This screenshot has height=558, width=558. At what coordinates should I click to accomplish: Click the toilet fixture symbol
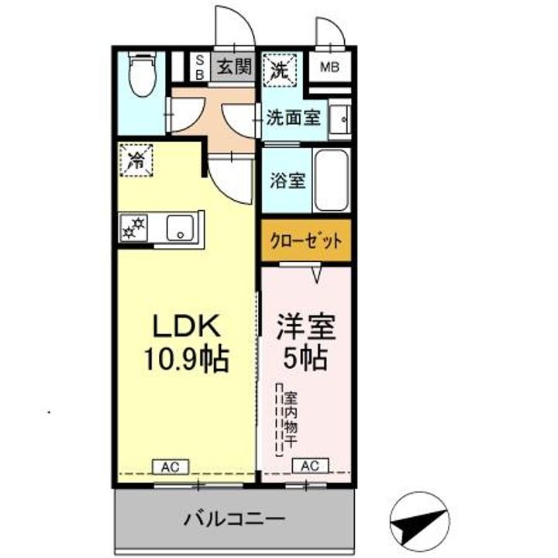[142, 74]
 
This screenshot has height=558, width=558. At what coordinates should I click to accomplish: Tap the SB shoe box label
[199, 67]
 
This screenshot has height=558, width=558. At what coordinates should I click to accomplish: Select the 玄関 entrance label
[233, 67]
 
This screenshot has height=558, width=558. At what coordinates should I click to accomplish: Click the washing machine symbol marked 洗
[278, 69]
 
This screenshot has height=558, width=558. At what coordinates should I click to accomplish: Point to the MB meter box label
[330, 67]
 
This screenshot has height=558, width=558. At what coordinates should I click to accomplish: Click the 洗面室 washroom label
[293, 118]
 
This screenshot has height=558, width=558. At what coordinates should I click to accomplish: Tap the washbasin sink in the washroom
[339, 119]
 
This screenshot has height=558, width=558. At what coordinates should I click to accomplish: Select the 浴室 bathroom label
[288, 181]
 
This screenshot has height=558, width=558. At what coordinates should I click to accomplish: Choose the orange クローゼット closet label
[305, 240]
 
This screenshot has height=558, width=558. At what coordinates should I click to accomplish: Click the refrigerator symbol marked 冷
[136, 161]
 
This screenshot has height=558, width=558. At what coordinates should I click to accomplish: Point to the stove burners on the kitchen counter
[133, 228]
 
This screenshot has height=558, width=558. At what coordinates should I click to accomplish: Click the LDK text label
[186, 326]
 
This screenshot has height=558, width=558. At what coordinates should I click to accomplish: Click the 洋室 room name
[307, 327]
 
